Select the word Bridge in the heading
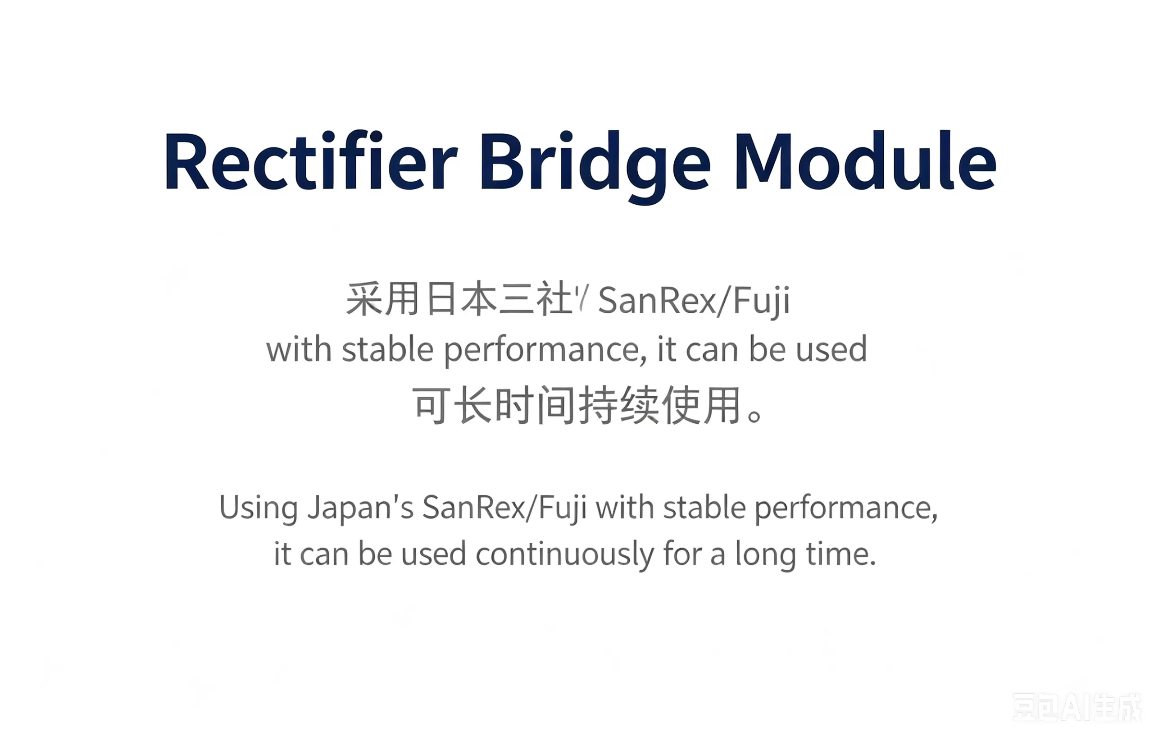pyautogui.click(x=595, y=168)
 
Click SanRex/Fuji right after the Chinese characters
pyautogui.click(x=694, y=301)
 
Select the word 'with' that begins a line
pyautogui.click(x=299, y=349)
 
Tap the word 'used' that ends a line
pyautogui.click(x=831, y=349)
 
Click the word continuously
pyautogui.click(x=564, y=555)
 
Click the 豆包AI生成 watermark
pyautogui.click(x=1077, y=708)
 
